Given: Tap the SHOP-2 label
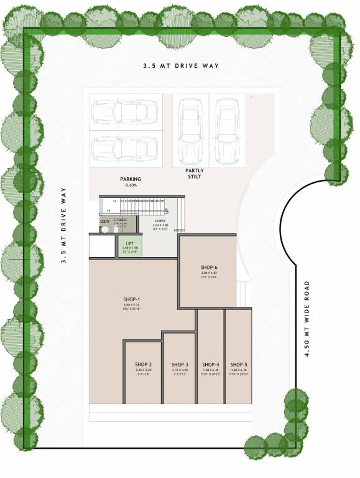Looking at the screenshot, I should pyautogui.click(x=144, y=365).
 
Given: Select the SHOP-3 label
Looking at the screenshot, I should pyautogui.click(x=180, y=365).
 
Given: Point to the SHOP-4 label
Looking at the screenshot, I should pyautogui.click(x=211, y=365).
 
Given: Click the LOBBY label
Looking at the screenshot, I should pyautogui.click(x=160, y=221).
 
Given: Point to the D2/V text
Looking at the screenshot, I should pyautogui.click(x=104, y=222).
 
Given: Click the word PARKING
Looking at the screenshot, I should pyautogui.click(x=131, y=179).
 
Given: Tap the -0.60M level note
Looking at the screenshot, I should pyautogui.click(x=131, y=185).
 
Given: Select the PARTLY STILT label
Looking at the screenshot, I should pyautogui.click(x=195, y=174).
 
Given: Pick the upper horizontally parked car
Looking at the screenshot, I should pyautogui.click(x=125, y=112).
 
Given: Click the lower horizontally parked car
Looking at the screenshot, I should pyautogui.click(x=125, y=148).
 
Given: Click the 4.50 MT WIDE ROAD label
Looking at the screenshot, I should pyautogui.click(x=307, y=319).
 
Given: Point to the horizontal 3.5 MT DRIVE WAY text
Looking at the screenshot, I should pyautogui.click(x=180, y=65).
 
